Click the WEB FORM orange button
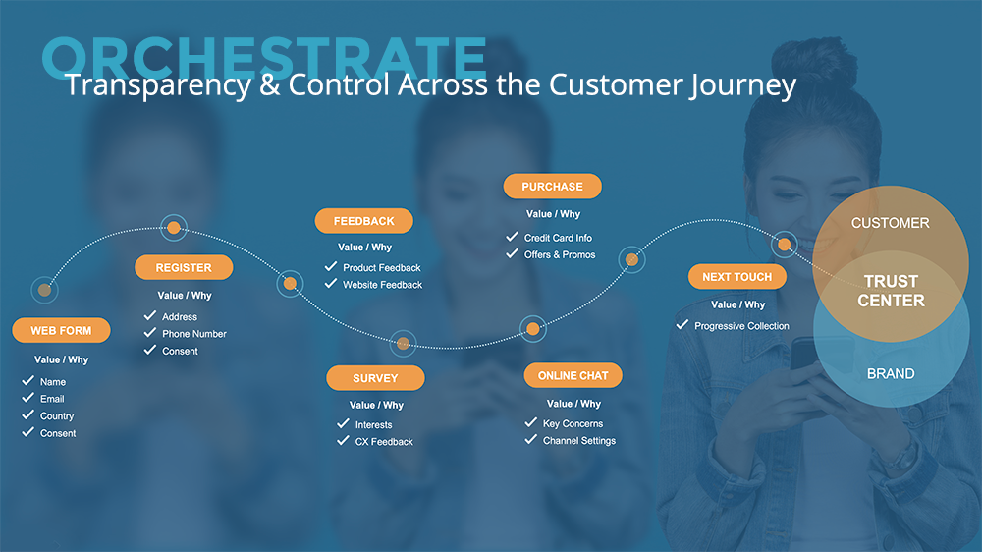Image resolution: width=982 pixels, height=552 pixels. tap(61, 330)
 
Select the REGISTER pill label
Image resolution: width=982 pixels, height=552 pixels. tap(184, 267)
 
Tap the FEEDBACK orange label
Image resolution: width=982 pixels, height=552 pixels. tap(364, 221)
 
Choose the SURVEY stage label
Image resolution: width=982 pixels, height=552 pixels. tap(375, 378)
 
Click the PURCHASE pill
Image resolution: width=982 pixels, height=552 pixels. tap(552, 186)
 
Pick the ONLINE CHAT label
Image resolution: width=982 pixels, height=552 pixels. tap(573, 375)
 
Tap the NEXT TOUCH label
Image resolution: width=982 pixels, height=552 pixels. tap(737, 277)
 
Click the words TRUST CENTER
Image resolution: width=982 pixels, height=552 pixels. tap(891, 291)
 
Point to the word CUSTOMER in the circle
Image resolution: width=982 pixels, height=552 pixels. tap(890, 223)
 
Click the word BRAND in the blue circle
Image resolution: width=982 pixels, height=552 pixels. tap(891, 374)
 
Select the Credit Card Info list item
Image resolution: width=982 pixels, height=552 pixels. tap(558, 238)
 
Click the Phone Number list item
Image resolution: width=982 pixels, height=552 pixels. tap(194, 334)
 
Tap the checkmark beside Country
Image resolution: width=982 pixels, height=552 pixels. tap(28, 414)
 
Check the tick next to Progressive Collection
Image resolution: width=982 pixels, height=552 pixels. tap(682, 324)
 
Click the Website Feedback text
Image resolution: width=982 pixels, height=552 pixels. tap(382, 285)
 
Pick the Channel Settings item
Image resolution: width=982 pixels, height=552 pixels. tap(579, 441)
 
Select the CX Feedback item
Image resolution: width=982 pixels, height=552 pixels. tap(384, 442)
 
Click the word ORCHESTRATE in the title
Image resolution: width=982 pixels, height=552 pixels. tap(264, 58)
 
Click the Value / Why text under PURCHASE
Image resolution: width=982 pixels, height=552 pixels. tap(553, 214)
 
